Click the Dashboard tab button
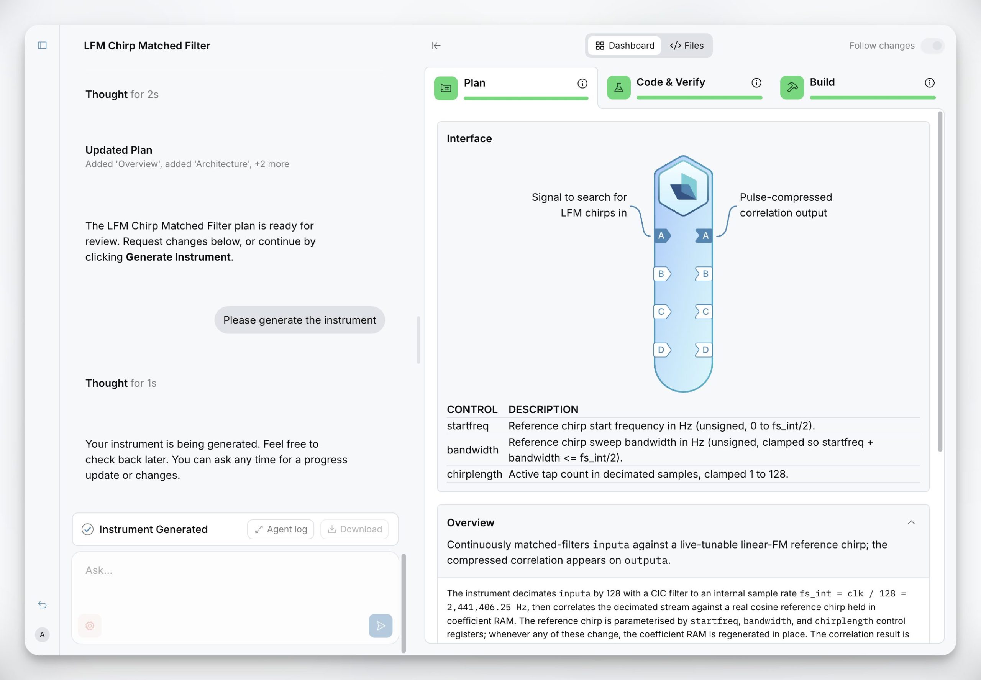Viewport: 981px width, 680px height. (625, 46)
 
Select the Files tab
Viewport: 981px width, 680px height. (686, 46)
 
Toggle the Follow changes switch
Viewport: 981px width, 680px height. (932, 46)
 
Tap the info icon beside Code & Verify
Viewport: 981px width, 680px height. (756, 83)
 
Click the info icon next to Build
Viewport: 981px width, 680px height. (929, 83)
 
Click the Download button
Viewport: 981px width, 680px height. (354, 529)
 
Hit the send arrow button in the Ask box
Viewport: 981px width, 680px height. (381, 626)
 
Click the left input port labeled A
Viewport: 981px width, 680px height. (662, 236)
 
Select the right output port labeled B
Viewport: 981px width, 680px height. (704, 274)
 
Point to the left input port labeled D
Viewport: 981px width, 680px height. (662, 350)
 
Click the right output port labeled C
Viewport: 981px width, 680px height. (704, 312)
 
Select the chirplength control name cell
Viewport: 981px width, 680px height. (474, 474)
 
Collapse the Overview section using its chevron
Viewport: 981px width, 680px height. (911, 523)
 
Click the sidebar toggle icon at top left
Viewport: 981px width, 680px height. (42, 45)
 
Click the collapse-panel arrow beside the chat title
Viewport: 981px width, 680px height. (436, 46)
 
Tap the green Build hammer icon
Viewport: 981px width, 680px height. (791, 87)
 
